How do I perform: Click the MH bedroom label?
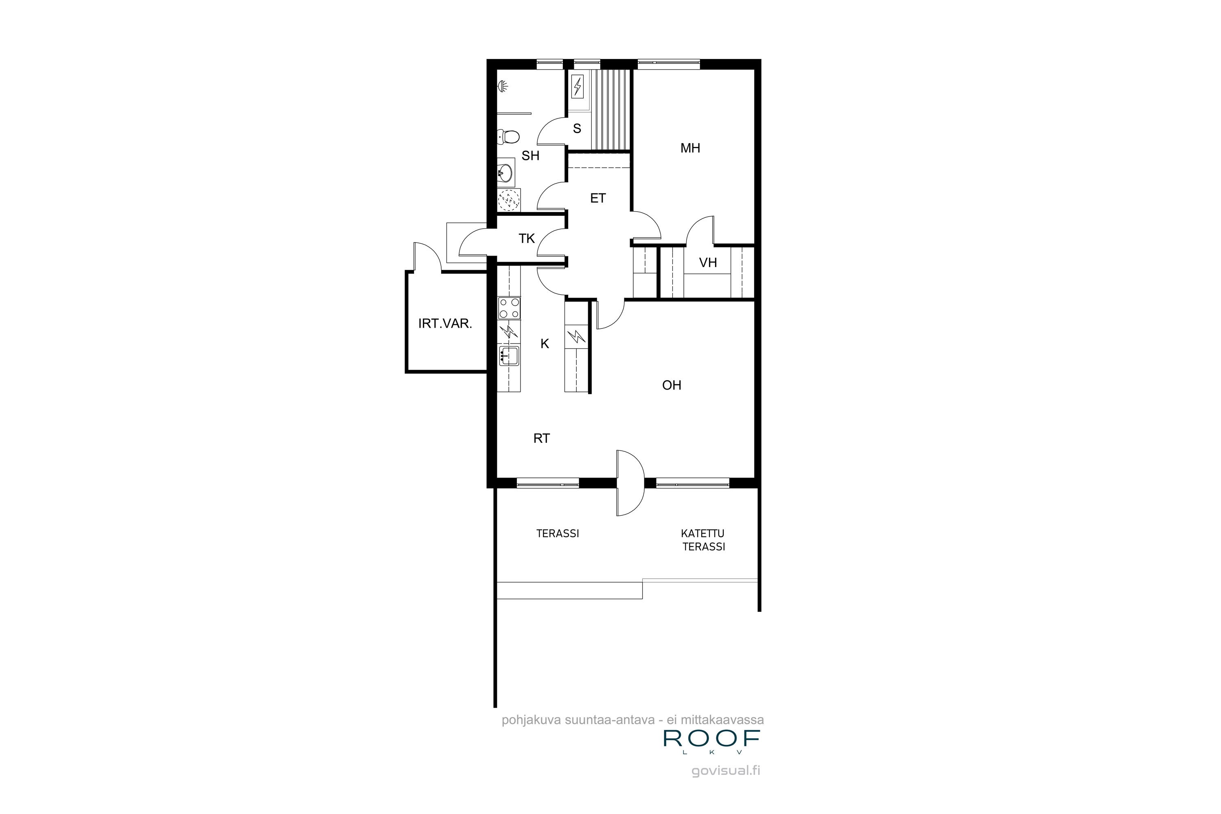690,149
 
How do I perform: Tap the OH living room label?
672,385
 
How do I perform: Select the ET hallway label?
598,198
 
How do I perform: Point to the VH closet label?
708,263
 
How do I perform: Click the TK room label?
527,239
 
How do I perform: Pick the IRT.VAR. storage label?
445,324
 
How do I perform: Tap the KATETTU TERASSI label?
703,540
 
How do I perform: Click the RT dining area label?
541,439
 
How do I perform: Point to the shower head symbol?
503,87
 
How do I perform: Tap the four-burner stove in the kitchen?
509,309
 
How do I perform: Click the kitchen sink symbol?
509,357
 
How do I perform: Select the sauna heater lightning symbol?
577,87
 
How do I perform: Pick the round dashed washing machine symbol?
509,200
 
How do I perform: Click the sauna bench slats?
613,109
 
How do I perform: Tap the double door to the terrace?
630,483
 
